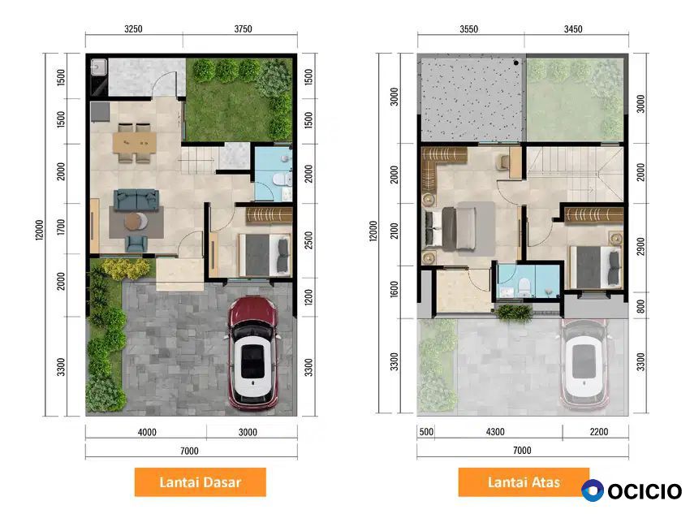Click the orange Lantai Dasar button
(201, 482)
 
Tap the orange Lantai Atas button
(524, 482)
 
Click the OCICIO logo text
(645, 491)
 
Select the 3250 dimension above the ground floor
(133, 29)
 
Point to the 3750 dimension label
(243, 29)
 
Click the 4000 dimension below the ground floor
(147, 432)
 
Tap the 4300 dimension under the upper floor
(495, 432)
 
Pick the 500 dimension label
(426, 432)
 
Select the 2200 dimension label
(599, 432)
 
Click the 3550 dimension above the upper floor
(468, 29)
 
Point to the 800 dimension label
(640, 306)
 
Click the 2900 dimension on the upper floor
(640, 246)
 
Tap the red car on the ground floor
(252, 353)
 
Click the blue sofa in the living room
(136, 200)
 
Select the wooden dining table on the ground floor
(134, 143)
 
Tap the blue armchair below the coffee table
(136, 244)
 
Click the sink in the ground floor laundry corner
(98, 67)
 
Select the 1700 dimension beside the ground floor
(61, 227)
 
